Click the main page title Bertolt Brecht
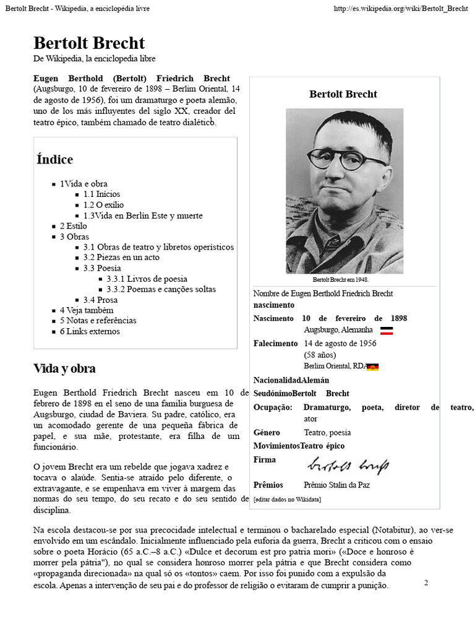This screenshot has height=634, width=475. click(89, 43)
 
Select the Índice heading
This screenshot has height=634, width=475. click(54, 160)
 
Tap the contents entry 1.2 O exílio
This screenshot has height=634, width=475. click(104, 205)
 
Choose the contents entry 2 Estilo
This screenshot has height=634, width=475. click(73, 226)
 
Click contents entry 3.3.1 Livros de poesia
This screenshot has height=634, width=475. click(147, 279)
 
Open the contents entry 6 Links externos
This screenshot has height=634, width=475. click(90, 331)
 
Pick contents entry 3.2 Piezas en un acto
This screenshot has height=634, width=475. click(121, 258)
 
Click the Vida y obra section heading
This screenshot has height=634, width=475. click(64, 369)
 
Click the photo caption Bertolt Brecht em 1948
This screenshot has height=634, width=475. click(344, 280)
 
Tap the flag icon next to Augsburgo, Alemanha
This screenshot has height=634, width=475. click(387, 331)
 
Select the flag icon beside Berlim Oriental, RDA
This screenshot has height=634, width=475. click(372, 367)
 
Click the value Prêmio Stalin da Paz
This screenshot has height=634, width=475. click(336, 485)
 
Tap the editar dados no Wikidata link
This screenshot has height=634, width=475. click(287, 499)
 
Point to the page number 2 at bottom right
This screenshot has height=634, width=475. click(426, 583)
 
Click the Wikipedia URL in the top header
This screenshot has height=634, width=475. click(400, 9)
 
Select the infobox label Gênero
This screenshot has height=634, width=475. click(267, 432)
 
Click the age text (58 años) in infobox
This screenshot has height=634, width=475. click(320, 355)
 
